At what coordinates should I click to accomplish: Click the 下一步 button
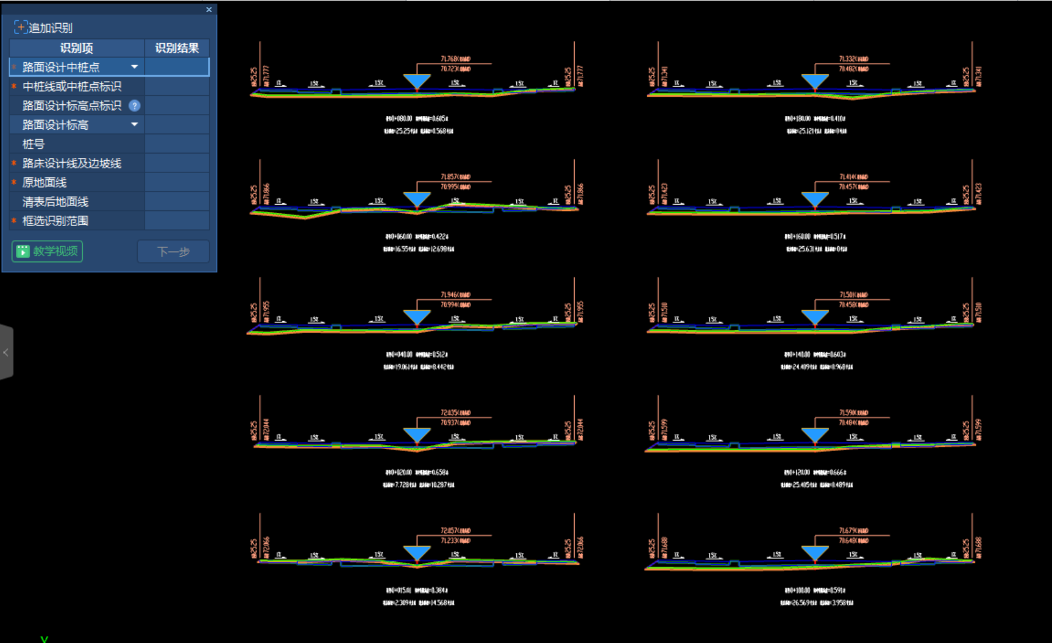coord(174,251)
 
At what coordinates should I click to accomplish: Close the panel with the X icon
coord(209,10)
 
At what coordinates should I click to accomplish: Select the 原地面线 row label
coord(44,182)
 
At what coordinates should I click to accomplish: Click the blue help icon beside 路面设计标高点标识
coord(135,105)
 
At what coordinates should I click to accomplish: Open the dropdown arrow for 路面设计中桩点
coord(134,67)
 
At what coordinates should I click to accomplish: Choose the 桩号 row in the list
coord(34,144)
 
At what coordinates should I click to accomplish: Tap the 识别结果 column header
coord(177,48)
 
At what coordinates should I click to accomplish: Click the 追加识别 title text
coord(50,27)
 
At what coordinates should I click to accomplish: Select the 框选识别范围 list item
coord(55,221)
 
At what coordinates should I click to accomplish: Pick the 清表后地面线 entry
coord(55,202)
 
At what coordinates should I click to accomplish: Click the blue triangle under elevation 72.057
coord(417,553)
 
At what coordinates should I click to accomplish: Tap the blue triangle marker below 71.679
coord(815,553)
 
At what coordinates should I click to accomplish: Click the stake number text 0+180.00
coord(798,119)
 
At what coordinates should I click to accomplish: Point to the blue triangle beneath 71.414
coord(815,199)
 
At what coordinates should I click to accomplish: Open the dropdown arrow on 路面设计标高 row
coord(134,124)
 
